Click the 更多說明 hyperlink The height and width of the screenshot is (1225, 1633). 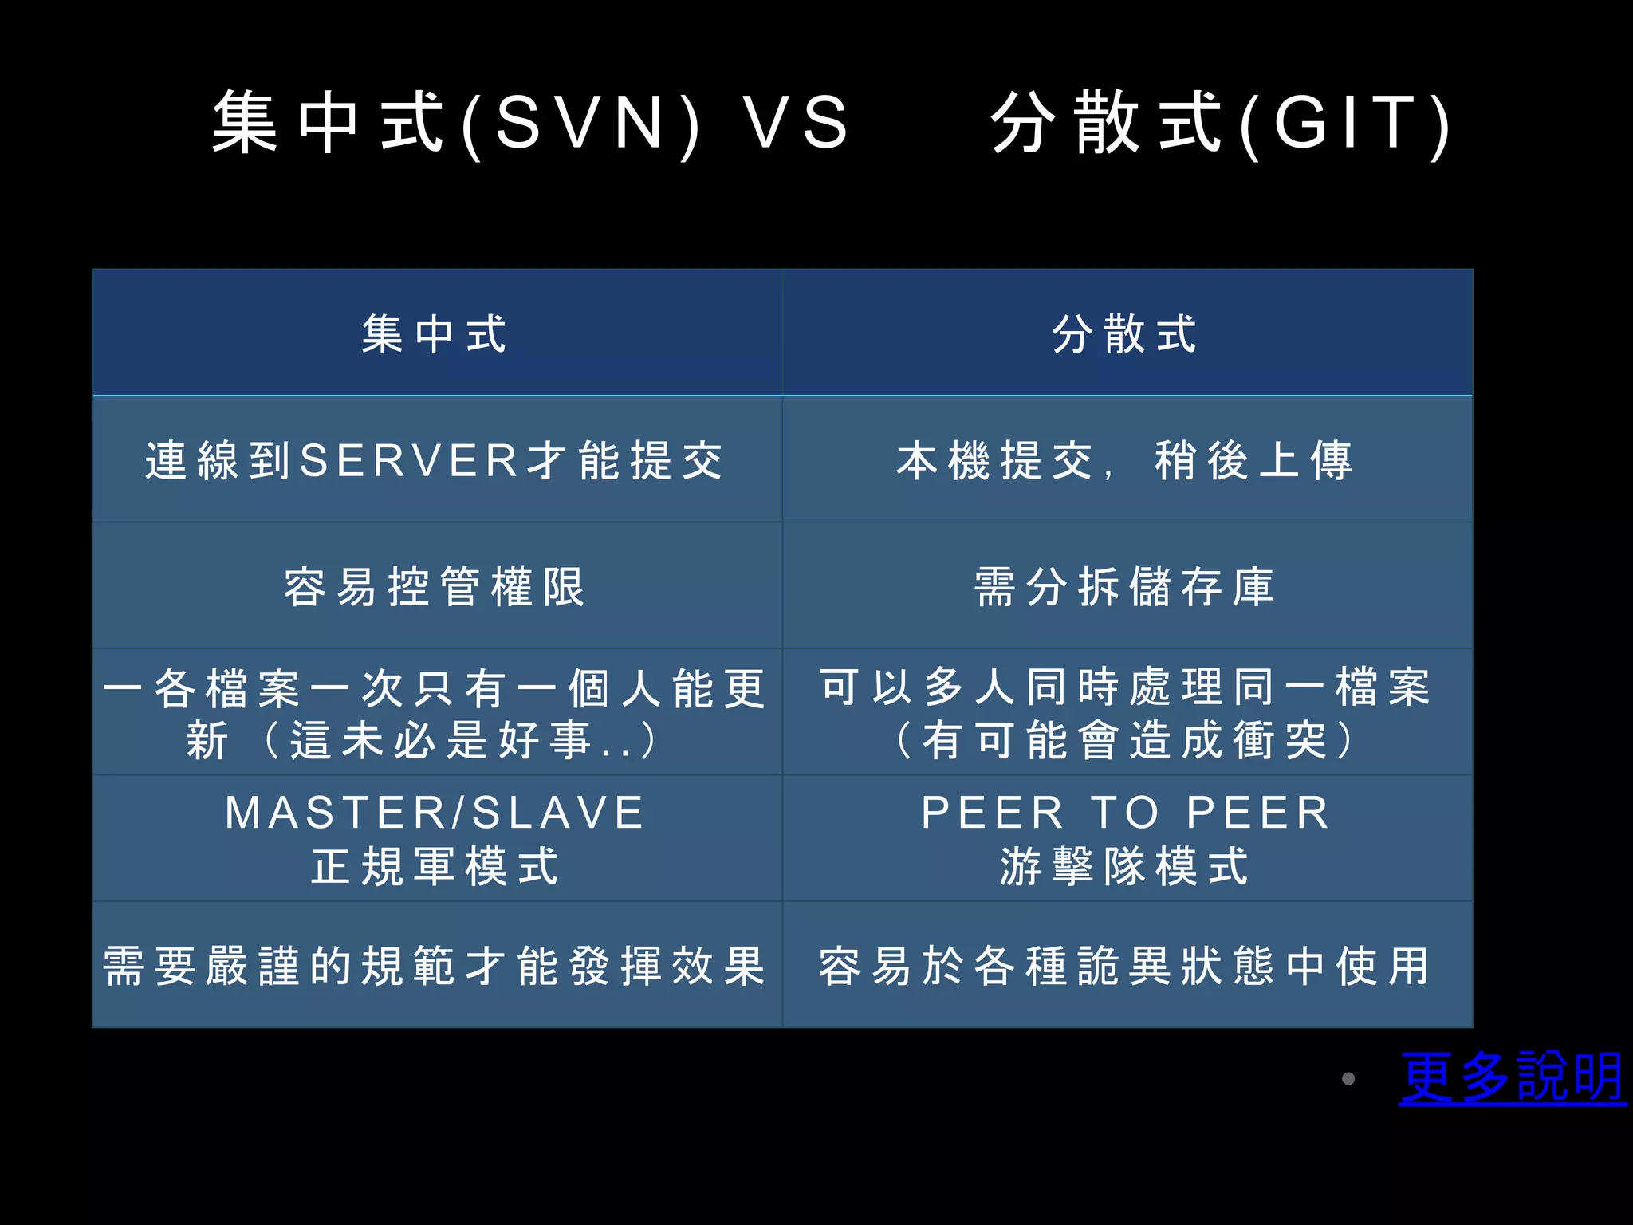[x=1512, y=1077]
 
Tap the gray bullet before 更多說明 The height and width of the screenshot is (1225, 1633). [x=1348, y=1079]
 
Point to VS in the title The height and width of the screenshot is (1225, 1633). [x=796, y=124]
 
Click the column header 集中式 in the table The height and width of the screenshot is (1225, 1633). [x=435, y=333]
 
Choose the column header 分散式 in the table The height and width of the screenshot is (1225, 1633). [x=1125, y=333]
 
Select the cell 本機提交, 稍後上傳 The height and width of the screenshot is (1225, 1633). [x=1125, y=460]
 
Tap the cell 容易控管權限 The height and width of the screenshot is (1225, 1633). [x=435, y=587]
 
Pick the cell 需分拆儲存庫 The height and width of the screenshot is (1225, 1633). [x=1125, y=587]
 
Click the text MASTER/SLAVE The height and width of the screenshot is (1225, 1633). [x=435, y=813]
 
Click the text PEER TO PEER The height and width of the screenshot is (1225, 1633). [x=1125, y=813]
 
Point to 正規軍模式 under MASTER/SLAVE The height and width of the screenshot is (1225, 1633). [x=435, y=867]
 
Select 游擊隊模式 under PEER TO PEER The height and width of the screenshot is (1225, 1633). [x=1125, y=867]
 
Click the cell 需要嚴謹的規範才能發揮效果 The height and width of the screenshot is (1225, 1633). [x=435, y=966]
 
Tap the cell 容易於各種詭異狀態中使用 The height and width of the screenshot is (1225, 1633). [x=1125, y=966]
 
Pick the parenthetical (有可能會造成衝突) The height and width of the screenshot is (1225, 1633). [x=1125, y=740]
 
